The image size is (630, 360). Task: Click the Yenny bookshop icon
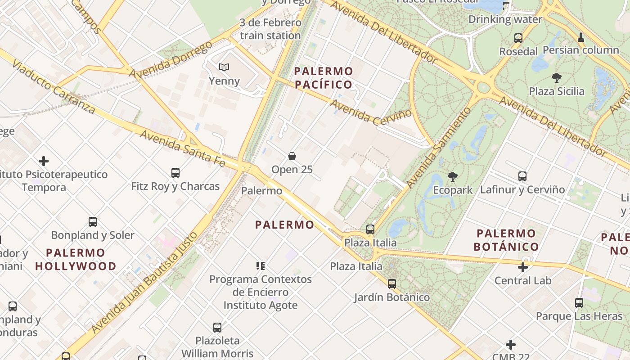[224, 67]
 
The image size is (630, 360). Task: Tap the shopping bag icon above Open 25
[292, 156]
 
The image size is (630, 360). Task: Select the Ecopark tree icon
[452, 177]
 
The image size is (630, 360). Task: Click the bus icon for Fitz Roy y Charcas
[175, 173]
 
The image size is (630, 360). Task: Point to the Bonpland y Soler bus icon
[93, 222]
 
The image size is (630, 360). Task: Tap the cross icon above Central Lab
[523, 267]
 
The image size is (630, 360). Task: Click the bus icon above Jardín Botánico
[392, 284]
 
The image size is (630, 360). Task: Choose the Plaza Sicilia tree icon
[557, 78]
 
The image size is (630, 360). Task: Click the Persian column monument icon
[581, 37]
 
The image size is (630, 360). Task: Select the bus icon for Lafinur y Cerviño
[522, 176]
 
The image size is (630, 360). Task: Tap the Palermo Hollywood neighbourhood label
[76, 259]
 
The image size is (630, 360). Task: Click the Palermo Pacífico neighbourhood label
[323, 78]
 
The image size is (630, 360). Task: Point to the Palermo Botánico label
[506, 240]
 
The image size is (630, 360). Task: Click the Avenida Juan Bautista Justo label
[144, 283]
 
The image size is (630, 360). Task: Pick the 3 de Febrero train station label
[270, 29]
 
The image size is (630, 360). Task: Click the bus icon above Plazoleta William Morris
[217, 328]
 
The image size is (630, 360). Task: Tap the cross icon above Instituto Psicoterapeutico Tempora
[44, 161]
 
